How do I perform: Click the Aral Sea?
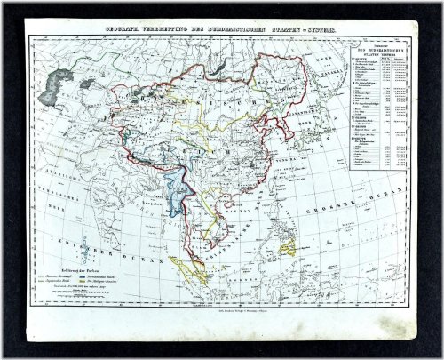(x=86, y=84)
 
